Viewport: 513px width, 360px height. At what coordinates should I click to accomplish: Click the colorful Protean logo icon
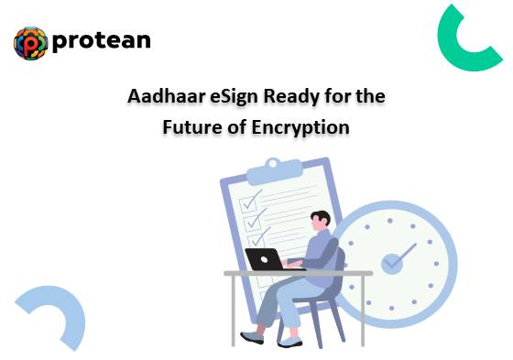pyautogui.click(x=31, y=42)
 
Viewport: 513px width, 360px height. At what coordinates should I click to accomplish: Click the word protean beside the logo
pyautogui.click(x=102, y=41)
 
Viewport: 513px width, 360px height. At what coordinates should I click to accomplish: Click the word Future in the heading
pyautogui.click(x=194, y=127)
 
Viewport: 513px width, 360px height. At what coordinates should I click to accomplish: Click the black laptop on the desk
pyautogui.click(x=264, y=259)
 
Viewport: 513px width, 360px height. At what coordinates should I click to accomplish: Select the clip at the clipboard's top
pyautogui.click(x=275, y=166)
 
